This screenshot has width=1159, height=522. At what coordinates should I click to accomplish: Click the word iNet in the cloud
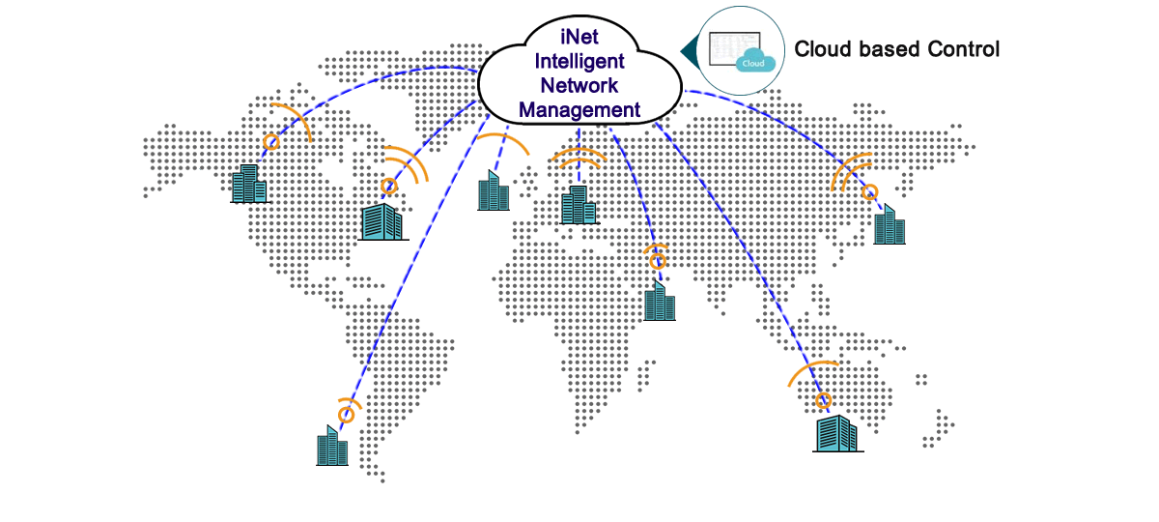tap(579, 37)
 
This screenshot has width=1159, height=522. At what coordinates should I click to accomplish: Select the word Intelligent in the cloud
tap(579, 61)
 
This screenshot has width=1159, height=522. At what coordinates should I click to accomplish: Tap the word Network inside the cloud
tap(579, 85)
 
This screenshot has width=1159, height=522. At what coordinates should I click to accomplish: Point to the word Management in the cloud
tap(579, 110)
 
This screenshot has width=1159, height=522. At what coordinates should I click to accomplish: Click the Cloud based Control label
tap(896, 49)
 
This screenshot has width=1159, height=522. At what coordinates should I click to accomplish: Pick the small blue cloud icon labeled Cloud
tap(755, 62)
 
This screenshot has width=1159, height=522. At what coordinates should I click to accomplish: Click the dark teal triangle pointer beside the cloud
tap(689, 49)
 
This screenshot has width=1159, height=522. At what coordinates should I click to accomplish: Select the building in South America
tap(331, 446)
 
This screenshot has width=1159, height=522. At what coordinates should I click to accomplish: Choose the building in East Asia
tap(889, 224)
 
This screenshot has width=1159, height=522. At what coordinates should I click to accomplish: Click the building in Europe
tap(579, 204)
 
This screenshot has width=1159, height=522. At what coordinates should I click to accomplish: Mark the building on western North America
tap(249, 184)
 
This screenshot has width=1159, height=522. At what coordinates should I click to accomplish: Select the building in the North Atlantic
tap(493, 191)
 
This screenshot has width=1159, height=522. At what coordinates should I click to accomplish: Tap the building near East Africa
tap(660, 301)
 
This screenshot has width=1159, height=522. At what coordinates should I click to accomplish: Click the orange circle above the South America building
tap(346, 414)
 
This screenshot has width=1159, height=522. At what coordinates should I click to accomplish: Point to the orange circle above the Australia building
tap(823, 399)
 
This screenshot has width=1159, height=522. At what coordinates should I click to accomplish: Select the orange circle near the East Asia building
tap(870, 191)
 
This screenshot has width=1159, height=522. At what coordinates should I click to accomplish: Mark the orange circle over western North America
tap(271, 142)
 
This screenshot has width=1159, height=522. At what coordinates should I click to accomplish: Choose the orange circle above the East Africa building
tap(658, 260)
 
